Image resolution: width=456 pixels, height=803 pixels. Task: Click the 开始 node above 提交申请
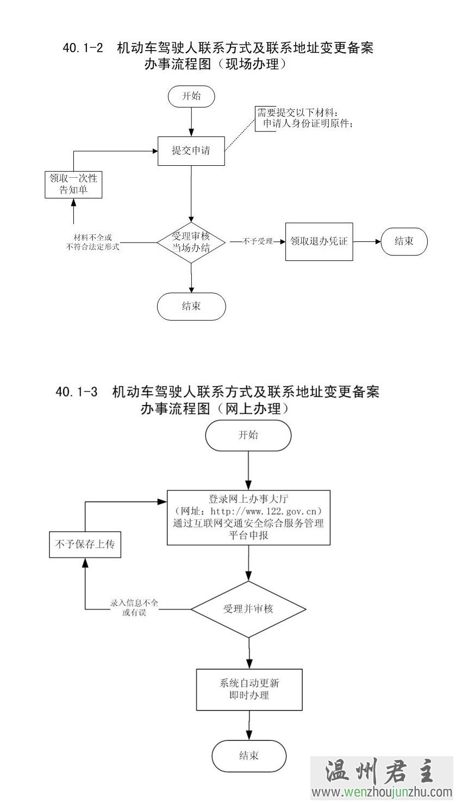[x=191, y=97]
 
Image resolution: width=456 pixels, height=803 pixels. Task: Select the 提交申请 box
[x=191, y=151]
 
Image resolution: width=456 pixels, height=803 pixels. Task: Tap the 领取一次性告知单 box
[x=73, y=184]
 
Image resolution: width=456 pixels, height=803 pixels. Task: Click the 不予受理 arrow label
[x=258, y=241]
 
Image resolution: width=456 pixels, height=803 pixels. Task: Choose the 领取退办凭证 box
[x=319, y=241]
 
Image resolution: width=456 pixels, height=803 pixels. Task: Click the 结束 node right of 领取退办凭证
[x=404, y=241]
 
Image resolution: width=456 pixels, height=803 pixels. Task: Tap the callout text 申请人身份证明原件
[x=308, y=124]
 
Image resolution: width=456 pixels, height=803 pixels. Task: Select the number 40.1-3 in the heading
[x=77, y=392]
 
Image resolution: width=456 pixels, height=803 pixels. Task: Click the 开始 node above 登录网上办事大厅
[x=248, y=435]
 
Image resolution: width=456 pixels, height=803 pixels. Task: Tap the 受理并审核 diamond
[x=248, y=609]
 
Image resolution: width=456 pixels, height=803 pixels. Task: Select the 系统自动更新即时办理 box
[x=249, y=689]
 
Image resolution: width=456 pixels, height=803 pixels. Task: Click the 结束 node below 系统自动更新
[x=248, y=755]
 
